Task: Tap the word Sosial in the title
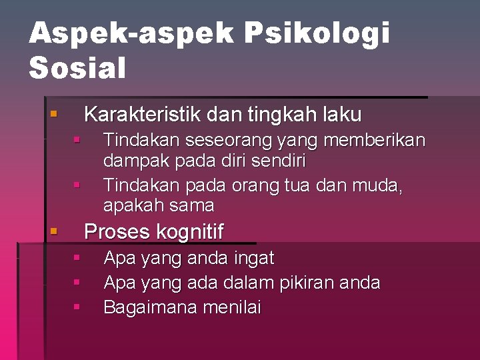[77, 68]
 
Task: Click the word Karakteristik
[143, 115]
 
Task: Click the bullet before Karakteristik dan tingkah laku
[53, 115]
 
